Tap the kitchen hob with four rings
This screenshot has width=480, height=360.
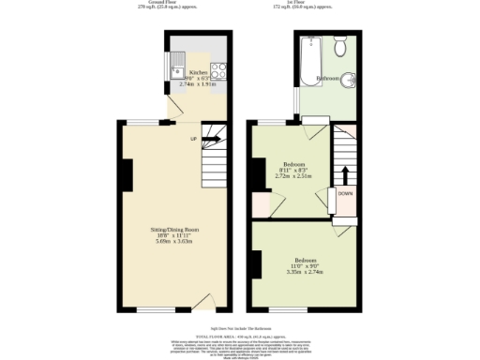[217, 67]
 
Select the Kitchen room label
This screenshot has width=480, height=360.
[198, 71]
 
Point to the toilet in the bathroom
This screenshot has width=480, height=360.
[341, 45]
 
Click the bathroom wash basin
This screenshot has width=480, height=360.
[348, 80]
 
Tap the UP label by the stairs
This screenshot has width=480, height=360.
[194, 139]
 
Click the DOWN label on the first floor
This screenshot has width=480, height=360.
[345, 194]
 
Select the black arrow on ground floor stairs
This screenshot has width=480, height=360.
[210, 139]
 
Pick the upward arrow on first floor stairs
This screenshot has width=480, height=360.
[345, 175]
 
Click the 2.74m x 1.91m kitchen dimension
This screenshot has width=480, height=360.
[198, 84]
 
